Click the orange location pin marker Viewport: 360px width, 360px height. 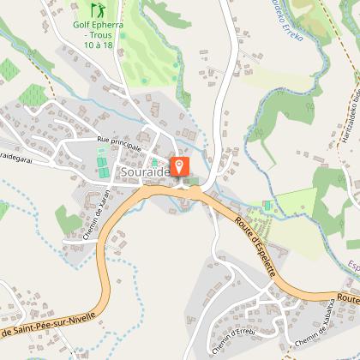tap(181, 165)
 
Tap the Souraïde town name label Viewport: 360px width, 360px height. tap(145, 172)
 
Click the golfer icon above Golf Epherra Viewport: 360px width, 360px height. tap(97, 10)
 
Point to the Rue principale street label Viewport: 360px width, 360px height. tap(119, 141)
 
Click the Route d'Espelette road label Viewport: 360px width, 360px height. tap(255, 245)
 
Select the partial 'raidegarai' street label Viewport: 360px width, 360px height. tap(21, 157)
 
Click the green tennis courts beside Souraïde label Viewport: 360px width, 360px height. tap(103, 164)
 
